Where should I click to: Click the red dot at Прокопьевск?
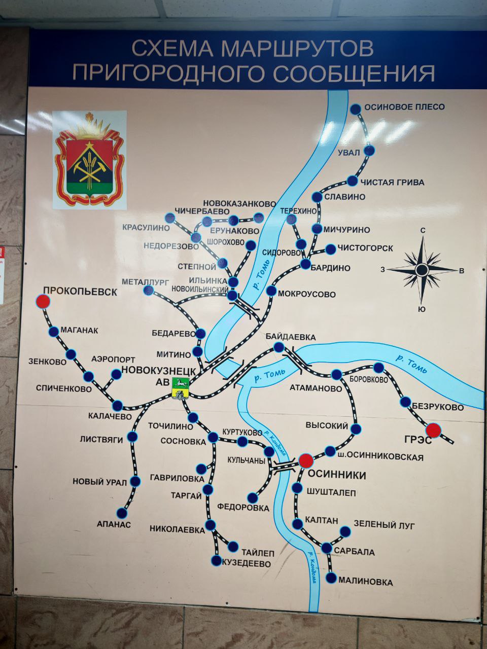(x=43, y=302)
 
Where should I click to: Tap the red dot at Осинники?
(x=305, y=460)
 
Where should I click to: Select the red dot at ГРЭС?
(x=433, y=430)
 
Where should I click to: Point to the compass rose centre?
(x=422, y=270)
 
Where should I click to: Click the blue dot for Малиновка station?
(x=332, y=578)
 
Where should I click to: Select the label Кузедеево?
(x=246, y=563)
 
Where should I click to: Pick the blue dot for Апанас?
(x=122, y=513)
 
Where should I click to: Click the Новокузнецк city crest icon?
(x=181, y=388)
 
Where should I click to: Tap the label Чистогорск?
(x=365, y=248)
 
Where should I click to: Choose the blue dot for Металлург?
(x=149, y=290)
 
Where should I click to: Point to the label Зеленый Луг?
(x=384, y=525)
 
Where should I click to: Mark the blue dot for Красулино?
(x=170, y=218)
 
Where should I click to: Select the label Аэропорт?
(x=113, y=359)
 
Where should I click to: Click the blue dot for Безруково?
(x=405, y=402)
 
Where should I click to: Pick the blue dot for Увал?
(x=370, y=151)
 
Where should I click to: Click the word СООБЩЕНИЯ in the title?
(x=354, y=74)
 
